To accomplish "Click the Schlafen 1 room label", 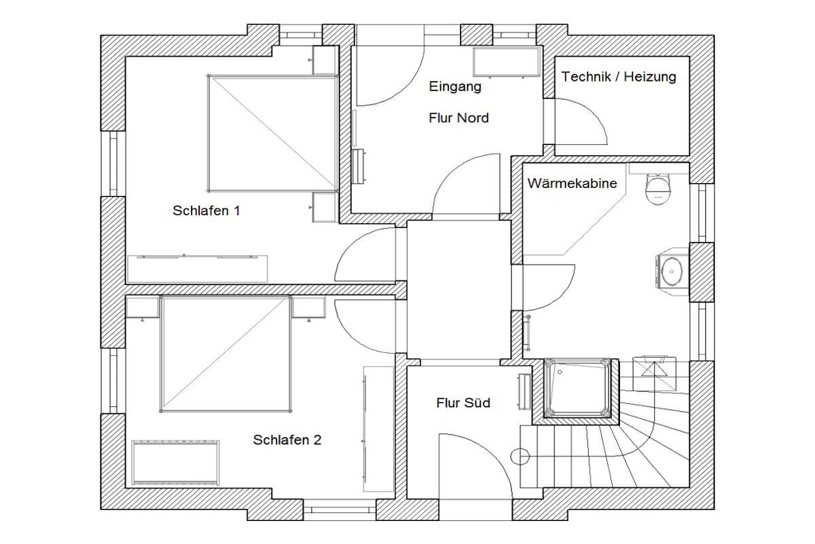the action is tap(206, 210).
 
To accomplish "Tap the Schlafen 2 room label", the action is tap(287, 440).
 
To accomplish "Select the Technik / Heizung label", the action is tap(618, 77).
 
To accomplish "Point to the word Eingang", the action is tap(454, 87).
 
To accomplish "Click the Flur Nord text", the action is tap(458, 118).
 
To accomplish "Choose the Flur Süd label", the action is tap(463, 403).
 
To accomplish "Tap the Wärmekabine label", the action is tap(572, 183).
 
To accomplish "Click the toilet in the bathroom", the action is tap(658, 189).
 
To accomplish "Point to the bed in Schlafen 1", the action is tap(272, 133).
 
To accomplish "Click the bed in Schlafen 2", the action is tap(224, 354).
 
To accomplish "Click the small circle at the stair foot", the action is tap(520, 456).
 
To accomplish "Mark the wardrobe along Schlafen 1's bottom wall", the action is tap(197, 268).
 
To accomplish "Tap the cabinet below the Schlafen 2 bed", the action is tap(175, 462).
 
